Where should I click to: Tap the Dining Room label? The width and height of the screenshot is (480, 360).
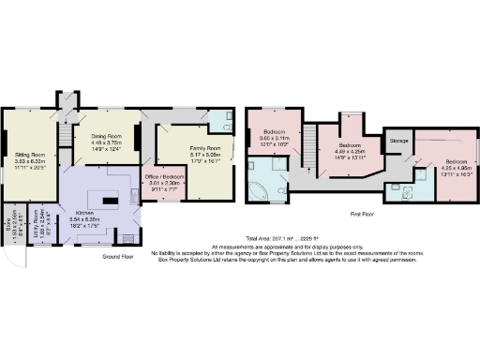pyautogui.click(x=106, y=136)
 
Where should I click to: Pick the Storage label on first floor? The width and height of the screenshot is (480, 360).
pyautogui.click(x=399, y=140)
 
